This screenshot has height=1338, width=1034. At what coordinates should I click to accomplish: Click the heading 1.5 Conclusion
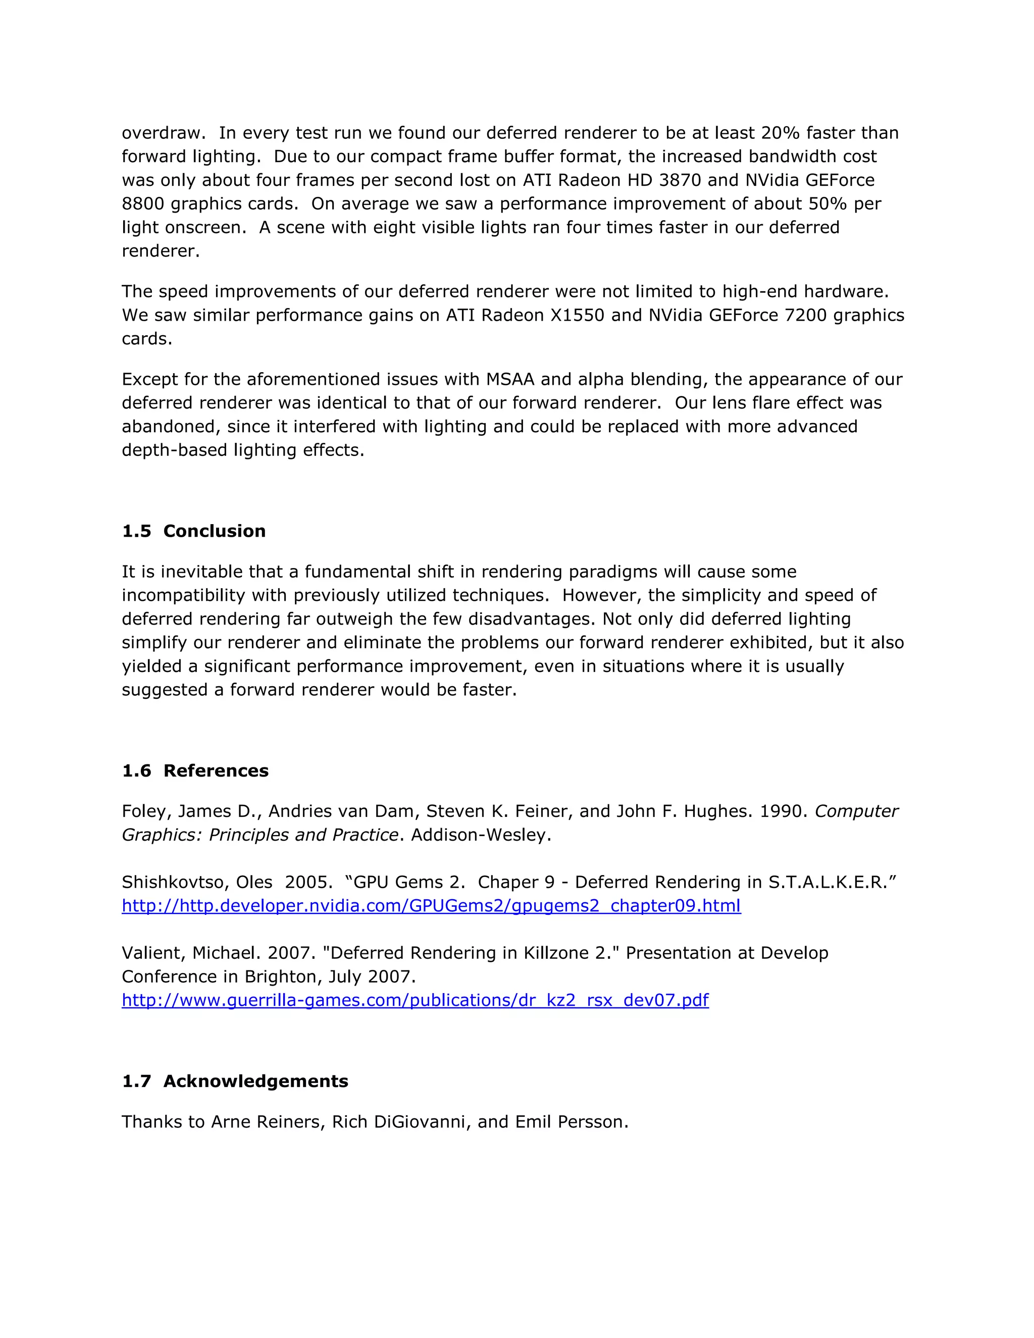pos(193,531)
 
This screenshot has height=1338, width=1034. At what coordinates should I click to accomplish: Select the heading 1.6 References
pos(195,770)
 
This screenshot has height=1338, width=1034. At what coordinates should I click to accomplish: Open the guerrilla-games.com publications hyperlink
pos(415,1000)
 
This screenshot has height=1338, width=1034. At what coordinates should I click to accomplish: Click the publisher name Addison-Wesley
pos(480,835)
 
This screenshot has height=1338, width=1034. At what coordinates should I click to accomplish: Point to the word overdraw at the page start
pos(161,132)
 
